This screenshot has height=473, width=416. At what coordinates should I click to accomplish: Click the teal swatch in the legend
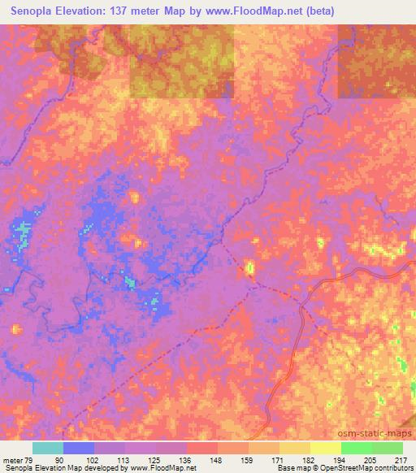48,448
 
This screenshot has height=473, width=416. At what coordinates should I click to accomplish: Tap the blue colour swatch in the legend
79,448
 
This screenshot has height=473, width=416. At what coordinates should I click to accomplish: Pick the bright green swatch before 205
356,448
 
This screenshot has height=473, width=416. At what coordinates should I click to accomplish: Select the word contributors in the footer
392,468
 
